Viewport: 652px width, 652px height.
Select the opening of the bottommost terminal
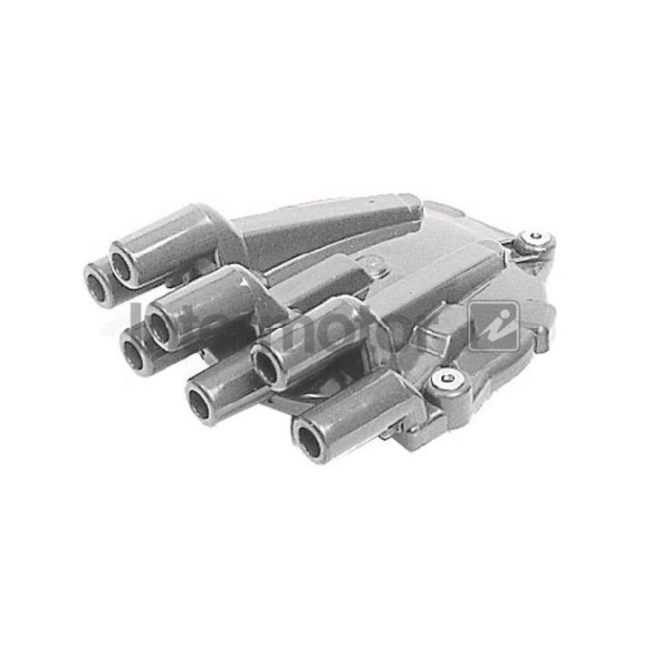point(308,444)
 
